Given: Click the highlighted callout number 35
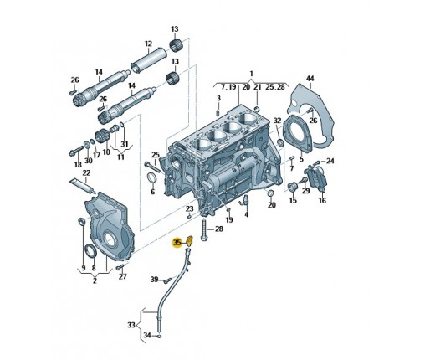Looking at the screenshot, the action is point(177,242).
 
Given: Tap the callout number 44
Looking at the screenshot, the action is point(310,79).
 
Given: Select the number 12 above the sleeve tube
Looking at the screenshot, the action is point(148,44).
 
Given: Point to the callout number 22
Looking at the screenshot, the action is point(86,172).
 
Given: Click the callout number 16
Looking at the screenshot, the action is point(322,200).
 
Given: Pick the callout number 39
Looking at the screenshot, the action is point(154,279).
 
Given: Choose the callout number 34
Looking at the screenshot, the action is point(147,335).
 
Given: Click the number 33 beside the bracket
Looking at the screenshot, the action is point(131,325).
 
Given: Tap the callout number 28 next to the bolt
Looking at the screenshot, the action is point(219,229).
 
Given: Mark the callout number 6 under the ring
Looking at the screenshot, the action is point(152,192).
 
